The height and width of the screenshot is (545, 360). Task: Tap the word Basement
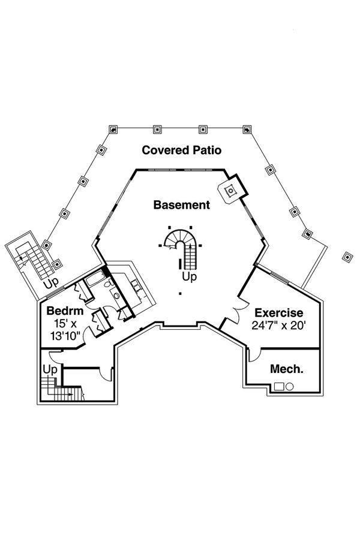point(181,205)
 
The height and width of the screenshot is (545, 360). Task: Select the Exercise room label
point(278,313)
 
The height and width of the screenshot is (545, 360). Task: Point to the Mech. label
point(286,369)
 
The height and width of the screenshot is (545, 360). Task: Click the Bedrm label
point(61,312)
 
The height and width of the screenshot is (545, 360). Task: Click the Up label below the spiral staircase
point(190,277)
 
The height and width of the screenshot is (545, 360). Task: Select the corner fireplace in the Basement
point(230,191)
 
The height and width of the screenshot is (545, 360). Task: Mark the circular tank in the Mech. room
point(289,387)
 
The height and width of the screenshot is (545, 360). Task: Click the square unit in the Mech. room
point(278,387)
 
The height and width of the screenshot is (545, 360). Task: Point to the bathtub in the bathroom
point(94,280)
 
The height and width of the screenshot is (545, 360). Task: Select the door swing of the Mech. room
point(254,356)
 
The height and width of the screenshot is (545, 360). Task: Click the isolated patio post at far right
point(347,257)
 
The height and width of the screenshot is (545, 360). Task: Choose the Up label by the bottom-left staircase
point(50,370)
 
